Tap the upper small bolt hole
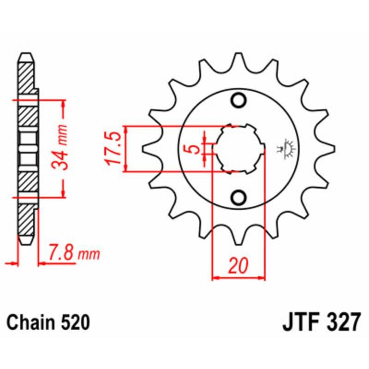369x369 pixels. pyautogui.click(x=239, y=100)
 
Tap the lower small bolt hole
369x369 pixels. pyautogui.click(x=239, y=197)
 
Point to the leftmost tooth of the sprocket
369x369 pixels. pyautogui.click(x=149, y=149)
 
